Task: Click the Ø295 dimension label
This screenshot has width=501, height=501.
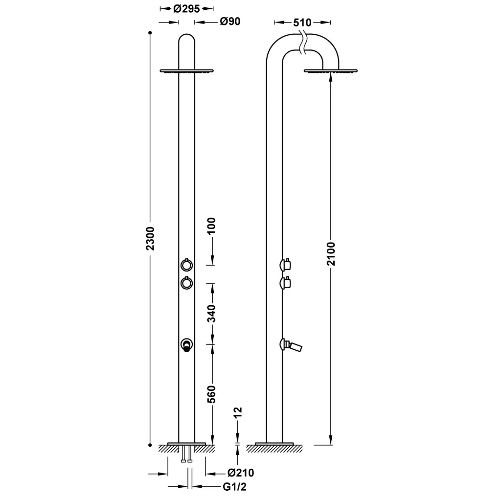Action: pos(186,9)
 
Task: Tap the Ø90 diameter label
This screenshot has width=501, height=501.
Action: pos(230,22)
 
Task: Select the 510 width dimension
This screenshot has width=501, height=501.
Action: pos(302,23)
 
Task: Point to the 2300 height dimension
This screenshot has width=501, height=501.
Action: pos(150,238)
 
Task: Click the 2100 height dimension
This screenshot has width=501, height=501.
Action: pos(331,254)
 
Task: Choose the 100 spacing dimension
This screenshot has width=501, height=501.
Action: pos(211,226)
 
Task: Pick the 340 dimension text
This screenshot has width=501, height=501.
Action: pos(211,314)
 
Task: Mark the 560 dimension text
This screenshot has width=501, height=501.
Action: pos(211,394)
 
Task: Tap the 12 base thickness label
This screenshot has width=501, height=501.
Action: pos(238,412)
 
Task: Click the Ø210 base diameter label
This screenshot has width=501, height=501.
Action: pos(241,473)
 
